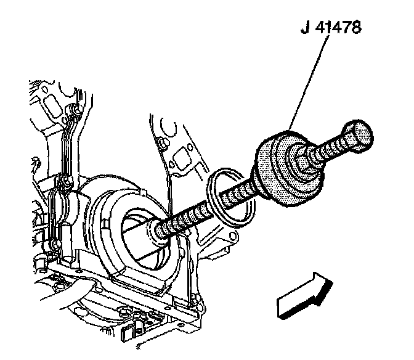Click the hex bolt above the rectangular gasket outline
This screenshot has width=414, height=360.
(161, 145)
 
